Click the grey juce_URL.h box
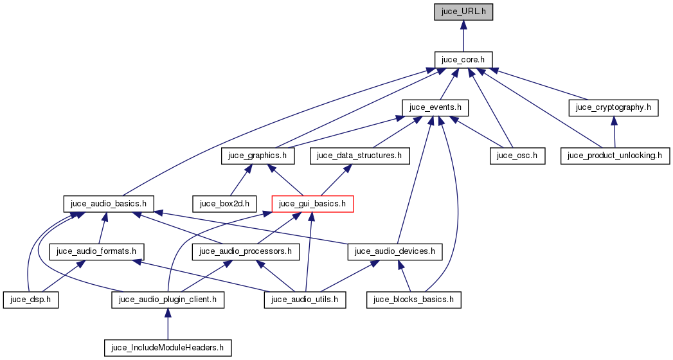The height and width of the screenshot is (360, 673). coord(463,12)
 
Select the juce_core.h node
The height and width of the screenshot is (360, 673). coord(463,59)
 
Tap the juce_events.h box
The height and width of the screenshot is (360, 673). coord(435,107)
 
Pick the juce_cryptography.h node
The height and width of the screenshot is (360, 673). coord(613,107)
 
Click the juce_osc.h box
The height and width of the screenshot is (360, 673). coord(517,156)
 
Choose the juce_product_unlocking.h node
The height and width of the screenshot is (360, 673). coord(615,156)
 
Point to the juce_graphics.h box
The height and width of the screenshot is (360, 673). coord(257,156)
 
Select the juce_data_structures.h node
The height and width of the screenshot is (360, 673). coord(359,156)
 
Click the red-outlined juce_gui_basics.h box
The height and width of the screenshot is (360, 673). coord(312,204)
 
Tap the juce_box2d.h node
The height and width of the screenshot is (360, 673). coord(228,204)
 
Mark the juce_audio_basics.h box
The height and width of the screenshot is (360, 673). coord(109,204)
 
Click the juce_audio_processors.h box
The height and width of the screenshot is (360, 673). coord(246,251)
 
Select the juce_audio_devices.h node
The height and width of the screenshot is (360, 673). coord(395,251)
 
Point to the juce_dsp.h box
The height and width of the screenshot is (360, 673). coord(30,300)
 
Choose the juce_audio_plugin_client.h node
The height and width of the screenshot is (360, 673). coord(167,300)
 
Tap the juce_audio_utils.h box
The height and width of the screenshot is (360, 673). coord(305,300)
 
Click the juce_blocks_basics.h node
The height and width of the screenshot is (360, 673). coord(414,300)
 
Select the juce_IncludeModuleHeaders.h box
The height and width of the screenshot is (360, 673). coord(167,348)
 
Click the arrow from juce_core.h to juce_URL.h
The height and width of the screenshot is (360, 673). coord(463,35)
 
